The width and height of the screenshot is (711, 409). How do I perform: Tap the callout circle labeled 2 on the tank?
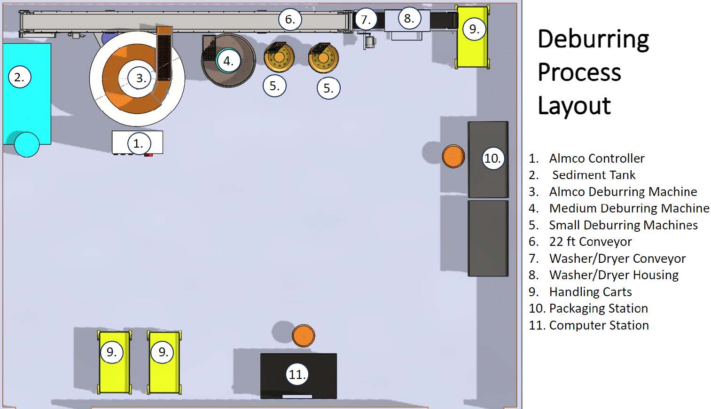20,77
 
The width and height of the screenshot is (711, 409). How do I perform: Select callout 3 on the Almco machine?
141,78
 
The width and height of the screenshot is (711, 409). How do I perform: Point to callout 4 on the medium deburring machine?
228,61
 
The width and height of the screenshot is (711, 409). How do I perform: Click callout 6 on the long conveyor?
290,19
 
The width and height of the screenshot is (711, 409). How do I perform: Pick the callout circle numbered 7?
366,20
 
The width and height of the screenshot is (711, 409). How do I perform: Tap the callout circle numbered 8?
409,18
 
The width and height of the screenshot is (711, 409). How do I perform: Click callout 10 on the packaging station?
492,158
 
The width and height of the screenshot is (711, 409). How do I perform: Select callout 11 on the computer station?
297,374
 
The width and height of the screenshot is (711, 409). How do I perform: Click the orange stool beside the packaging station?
453,156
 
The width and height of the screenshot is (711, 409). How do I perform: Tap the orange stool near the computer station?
304,336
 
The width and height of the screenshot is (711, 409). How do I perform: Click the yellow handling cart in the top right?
472,47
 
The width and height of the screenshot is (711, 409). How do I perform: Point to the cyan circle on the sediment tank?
27,144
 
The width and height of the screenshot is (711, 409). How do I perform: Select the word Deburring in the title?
593,39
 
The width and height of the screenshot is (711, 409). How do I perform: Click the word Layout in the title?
574,105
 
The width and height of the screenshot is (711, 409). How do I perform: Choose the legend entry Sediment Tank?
593,175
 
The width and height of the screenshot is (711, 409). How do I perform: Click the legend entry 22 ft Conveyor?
590,242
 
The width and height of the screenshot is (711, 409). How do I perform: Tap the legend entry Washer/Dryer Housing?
613,275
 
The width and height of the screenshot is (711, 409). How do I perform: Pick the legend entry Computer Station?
599,325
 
